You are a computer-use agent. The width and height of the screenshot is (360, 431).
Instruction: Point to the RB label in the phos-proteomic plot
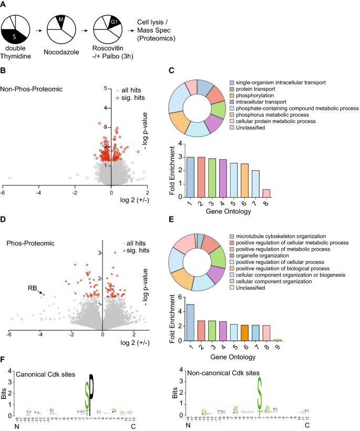click(x=33, y=288)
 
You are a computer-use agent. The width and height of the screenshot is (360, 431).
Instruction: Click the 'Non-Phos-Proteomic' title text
click(x=33, y=89)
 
